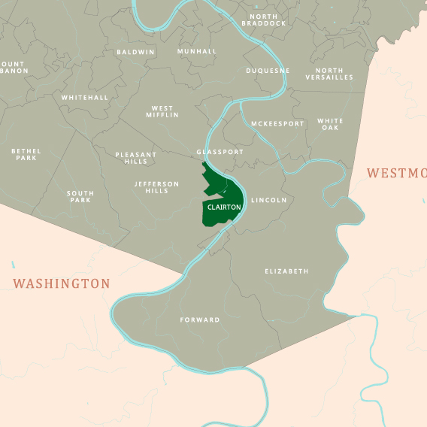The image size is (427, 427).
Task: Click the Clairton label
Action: click(224, 207)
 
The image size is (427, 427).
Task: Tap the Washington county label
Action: click(62, 283)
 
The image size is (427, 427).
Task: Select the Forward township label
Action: click(200, 320)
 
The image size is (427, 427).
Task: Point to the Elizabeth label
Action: click(286, 271)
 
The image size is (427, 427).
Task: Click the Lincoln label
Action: click(269, 201)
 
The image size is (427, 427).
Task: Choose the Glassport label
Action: click(220, 152)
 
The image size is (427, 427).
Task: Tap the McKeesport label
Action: click(277, 123)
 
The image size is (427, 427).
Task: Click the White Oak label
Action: click(330, 124)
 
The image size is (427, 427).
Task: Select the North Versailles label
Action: click(329, 74)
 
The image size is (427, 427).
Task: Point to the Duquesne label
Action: click(268, 71)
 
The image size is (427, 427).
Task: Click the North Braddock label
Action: click(264, 20)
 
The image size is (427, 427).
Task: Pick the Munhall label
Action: click(197, 51)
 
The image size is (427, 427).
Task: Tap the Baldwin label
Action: click(135, 53)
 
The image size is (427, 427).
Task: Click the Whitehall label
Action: click(85, 98)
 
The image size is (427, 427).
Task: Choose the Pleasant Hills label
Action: click(136, 158)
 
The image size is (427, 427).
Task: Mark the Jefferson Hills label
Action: click(157, 187)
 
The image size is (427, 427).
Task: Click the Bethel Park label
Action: click(26, 154)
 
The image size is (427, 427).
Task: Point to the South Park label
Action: click(80, 197)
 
